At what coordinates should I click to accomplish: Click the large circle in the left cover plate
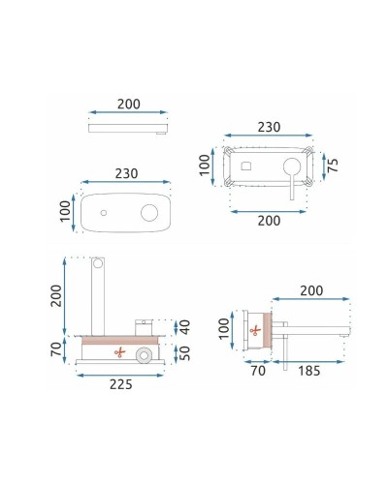point(151,212)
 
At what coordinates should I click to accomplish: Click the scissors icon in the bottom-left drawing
point(120,351)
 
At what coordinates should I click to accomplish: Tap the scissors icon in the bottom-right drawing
point(254,331)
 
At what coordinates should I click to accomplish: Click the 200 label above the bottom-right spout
point(309,289)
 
